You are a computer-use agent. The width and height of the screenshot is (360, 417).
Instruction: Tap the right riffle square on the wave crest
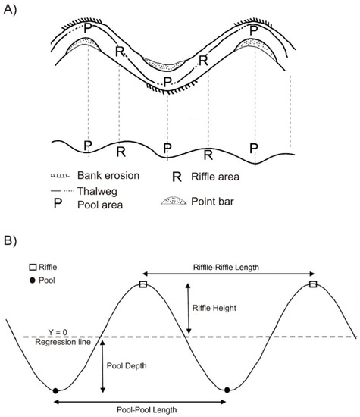click(314, 285)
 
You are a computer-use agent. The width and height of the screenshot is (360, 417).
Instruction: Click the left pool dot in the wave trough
click(56, 390)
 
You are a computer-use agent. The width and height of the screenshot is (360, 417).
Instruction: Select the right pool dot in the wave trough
click(227, 390)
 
